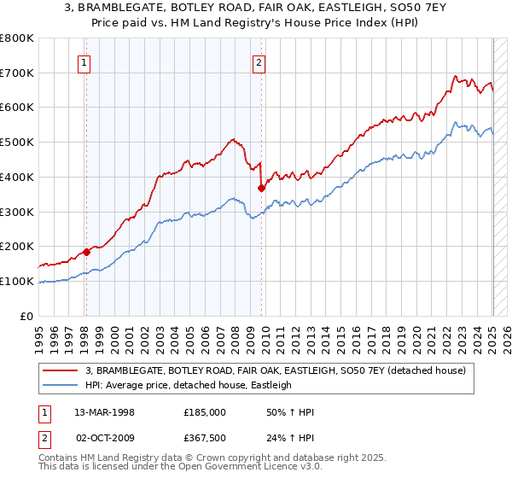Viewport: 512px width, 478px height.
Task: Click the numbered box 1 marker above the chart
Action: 85,61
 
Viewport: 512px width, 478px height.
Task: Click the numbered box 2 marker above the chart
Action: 259,61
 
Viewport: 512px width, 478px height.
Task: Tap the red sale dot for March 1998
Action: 86,252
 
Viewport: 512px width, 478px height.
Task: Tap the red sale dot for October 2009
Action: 261,188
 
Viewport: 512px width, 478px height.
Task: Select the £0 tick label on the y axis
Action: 28,316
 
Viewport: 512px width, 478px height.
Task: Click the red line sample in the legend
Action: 61,370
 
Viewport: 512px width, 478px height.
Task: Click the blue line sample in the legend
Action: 61,385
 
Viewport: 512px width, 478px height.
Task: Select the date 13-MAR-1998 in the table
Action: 99,412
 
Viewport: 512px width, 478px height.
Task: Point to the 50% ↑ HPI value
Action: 290,412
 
